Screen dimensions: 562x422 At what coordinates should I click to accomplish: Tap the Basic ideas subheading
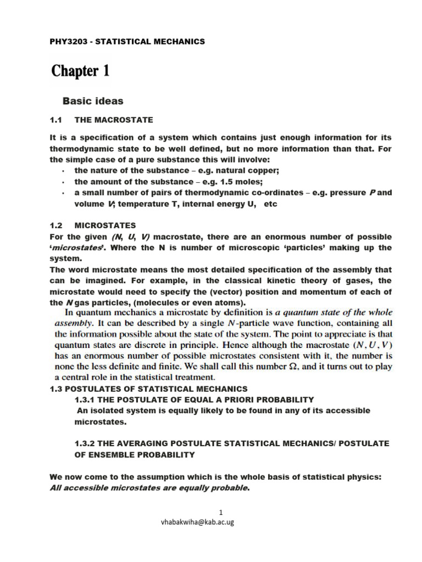[93, 101]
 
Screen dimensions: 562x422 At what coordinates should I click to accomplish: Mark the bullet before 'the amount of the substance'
[64, 182]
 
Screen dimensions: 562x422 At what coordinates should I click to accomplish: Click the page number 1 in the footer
[220, 513]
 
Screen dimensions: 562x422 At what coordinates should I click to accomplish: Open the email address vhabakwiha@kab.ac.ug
[196, 522]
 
